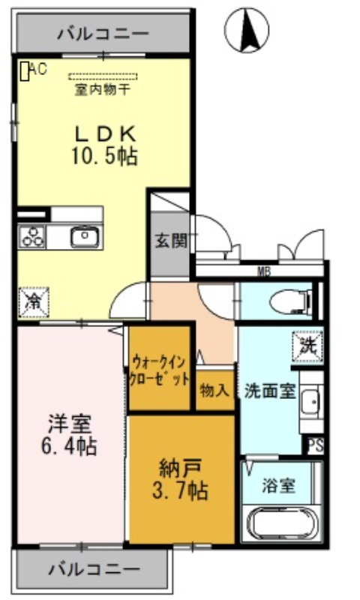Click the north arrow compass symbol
tap(247, 30)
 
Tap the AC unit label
tap(38, 69)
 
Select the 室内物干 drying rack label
tap(103, 90)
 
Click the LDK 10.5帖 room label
tap(105, 145)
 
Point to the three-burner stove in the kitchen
tap(32, 237)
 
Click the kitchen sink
tap(85, 237)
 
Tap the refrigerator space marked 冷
tap(34, 302)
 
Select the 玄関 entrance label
tap(171, 241)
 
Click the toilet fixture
tap(291, 301)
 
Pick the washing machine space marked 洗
tap(308, 346)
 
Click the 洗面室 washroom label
tap(270, 391)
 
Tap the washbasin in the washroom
tap(311, 401)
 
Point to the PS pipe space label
tap(316, 445)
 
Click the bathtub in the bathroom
tap(282, 524)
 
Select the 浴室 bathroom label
tap(278, 485)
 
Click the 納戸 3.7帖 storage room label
tap(180, 480)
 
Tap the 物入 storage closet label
tap(214, 391)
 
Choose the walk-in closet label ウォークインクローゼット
tap(160, 370)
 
